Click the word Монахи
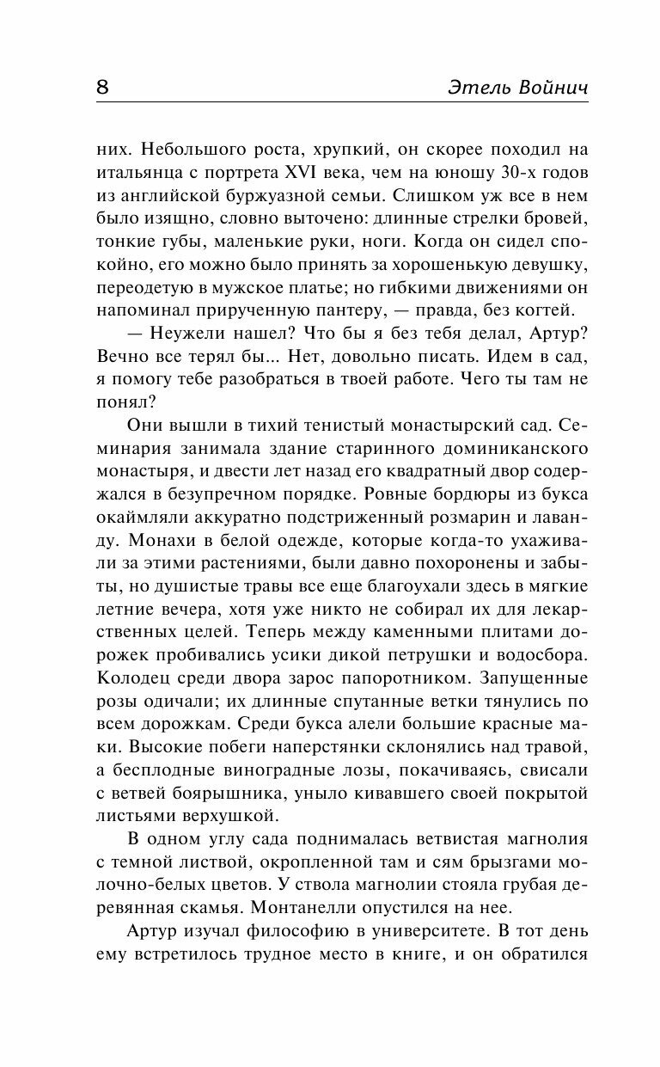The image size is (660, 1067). pos(141,543)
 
